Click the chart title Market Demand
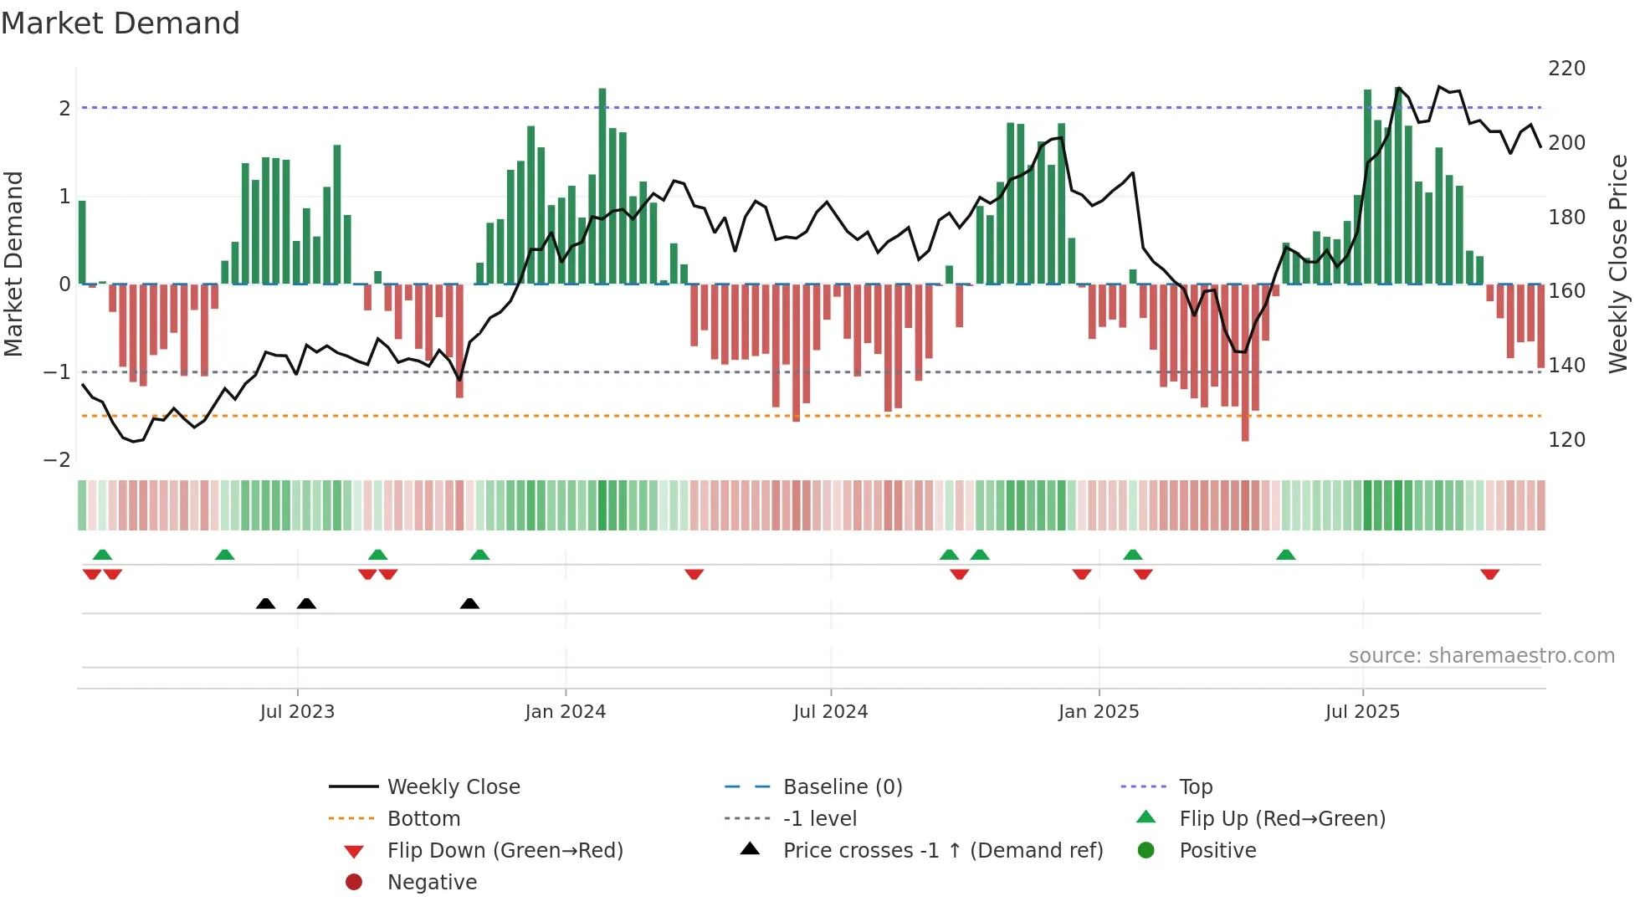click(120, 23)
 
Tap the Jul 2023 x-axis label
click(297, 711)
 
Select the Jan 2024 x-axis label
click(565, 711)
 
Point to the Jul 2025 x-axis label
click(1362, 711)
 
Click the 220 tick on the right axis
click(1566, 68)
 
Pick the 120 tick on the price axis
click(1566, 439)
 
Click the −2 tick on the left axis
click(58, 459)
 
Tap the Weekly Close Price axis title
click(1618, 264)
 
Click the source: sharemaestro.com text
click(1481, 655)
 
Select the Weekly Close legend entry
click(453, 786)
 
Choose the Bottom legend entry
click(423, 818)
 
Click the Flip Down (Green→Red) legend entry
click(505, 850)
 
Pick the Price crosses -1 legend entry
click(942, 850)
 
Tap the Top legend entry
click(1196, 786)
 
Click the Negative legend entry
click(432, 882)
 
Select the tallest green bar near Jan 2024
click(602, 184)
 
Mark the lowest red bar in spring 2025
click(1245, 364)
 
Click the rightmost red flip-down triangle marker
click(1489, 574)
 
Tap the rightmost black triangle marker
click(469, 603)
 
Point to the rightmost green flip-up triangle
click(1286, 555)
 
